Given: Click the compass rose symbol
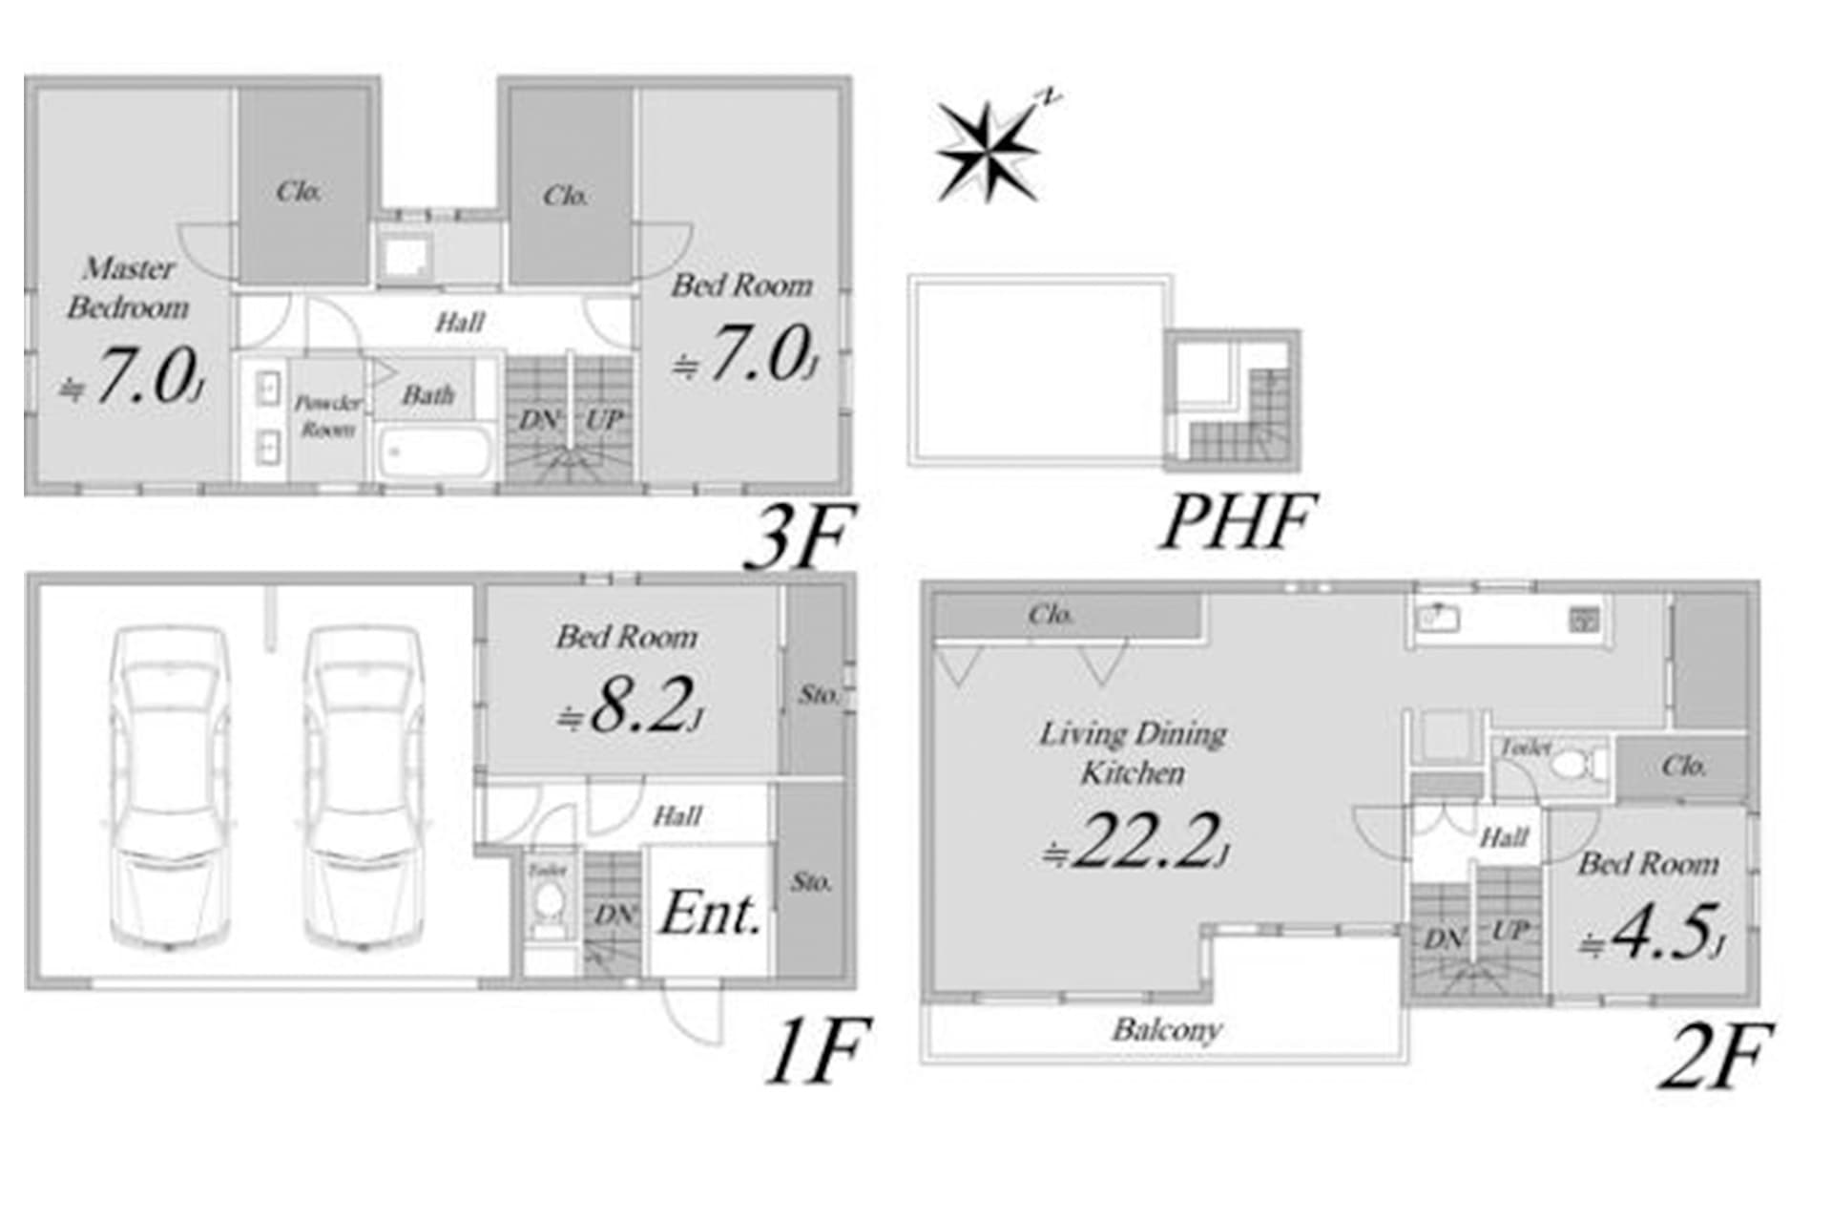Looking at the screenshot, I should coord(987,151).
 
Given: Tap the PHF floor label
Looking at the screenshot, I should coord(1238,521).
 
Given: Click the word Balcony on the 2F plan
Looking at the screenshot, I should coord(1166,1030).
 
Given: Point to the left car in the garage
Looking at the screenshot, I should coord(170,788).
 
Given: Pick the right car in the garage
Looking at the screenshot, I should coord(364,788).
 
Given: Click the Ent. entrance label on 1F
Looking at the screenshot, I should coord(711,914).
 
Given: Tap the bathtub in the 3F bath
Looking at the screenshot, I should coord(433,453).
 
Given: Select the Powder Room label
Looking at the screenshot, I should coord(327,416).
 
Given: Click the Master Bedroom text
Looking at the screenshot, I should coord(128,287).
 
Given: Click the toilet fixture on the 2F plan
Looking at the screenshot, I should coord(1574,765).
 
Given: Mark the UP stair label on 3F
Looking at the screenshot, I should coord(603,419).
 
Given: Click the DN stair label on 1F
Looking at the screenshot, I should coord(614,916).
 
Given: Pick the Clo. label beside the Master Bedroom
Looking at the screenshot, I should coord(299,192).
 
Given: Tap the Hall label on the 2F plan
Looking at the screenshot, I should coord(1504,838).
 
